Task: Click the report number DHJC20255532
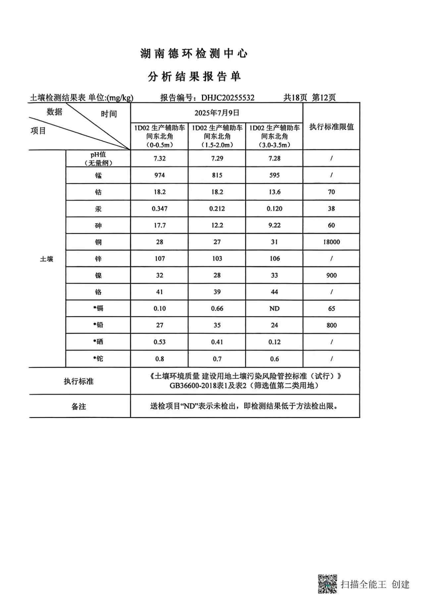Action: pyautogui.click(x=228, y=98)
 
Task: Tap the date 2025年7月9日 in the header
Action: pyautogui.click(x=217, y=113)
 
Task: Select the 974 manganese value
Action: pyautogui.click(x=159, y=175)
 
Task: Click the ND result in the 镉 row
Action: pyautogui.click(x=274, y=308)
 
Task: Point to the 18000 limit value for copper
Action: pyautogui.click(x=331, y=242)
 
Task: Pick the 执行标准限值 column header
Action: pyautogui.click(x=331, y=127)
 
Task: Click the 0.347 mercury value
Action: pyautogui.click(x=159, y=209)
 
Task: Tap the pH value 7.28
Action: pyautogui.click(x=274, y=158)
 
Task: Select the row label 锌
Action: pyautogui.click(x=98, y=259)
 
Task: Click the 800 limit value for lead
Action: pyautogui.click(x=331, y=325)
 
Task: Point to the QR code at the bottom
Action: pyautogui.click(x=327, y=583)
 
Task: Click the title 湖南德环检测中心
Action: pyautogui.click(x=194, y=54)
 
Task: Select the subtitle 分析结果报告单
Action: pyautogui.click(x=194, y=77)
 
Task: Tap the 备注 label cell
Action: pyautogui.click(x=79, y=406)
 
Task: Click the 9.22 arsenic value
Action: pyautogui.click(x=274, y=225)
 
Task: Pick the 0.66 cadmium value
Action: pyautogui.click(x=217, y=308)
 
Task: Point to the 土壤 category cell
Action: pyautogui.click(x=46, y=259)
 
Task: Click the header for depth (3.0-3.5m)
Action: pyautogui.click(x=274, y=145)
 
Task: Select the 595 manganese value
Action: pyautogui.click(x=274, y=175)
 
